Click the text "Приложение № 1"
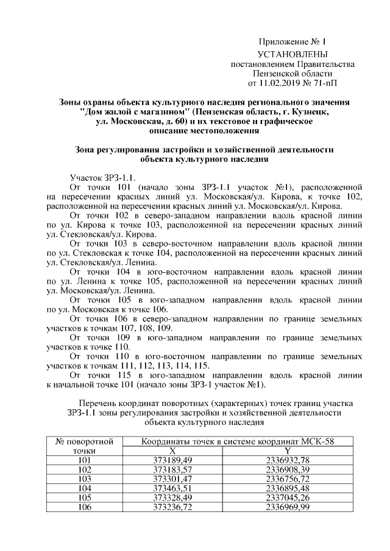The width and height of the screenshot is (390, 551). point(292,43)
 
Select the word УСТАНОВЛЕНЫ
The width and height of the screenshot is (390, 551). point(292,54)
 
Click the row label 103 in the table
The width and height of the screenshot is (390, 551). point(85,479)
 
